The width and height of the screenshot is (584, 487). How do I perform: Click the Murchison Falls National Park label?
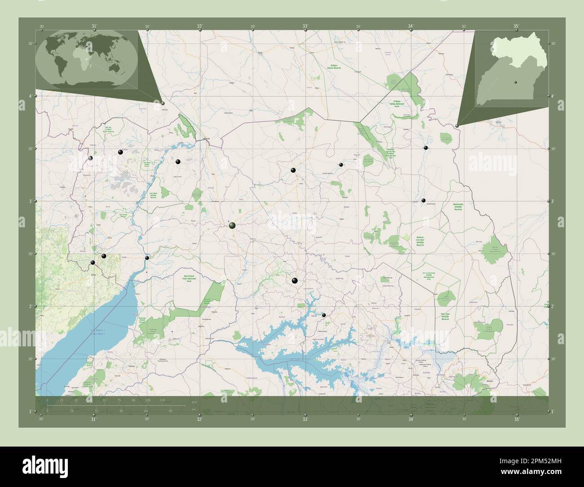point(189,279)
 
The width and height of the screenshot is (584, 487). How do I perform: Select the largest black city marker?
point(232,225)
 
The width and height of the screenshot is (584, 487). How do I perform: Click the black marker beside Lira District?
point(295,281)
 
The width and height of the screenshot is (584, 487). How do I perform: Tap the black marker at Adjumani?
point(178,161)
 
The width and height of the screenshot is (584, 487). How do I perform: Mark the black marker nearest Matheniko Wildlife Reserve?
point(423,200)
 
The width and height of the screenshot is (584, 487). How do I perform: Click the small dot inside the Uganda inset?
point(515,82)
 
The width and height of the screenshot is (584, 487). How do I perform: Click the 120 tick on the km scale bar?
point(162,400)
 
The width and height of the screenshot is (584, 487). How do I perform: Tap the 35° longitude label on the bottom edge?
point(517,420)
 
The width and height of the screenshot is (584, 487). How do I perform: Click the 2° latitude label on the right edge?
point(552,306)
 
